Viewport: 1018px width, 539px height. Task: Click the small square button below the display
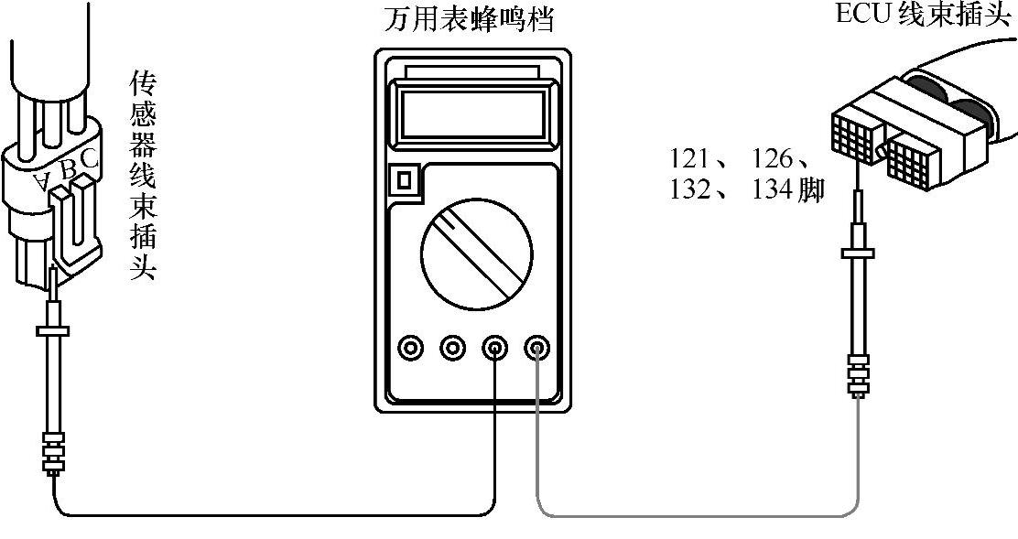coord(401,179)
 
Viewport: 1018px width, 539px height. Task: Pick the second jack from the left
coord(453,348)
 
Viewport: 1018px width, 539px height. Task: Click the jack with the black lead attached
coord(495,348)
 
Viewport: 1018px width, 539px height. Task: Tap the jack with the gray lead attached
coord(536,348)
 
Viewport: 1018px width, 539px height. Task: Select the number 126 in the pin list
coord(772,158)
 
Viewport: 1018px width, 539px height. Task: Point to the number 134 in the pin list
coord(772,190)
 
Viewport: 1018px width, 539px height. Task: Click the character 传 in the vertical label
coord(142,85)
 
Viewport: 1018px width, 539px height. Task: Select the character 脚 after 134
coord(810,190)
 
